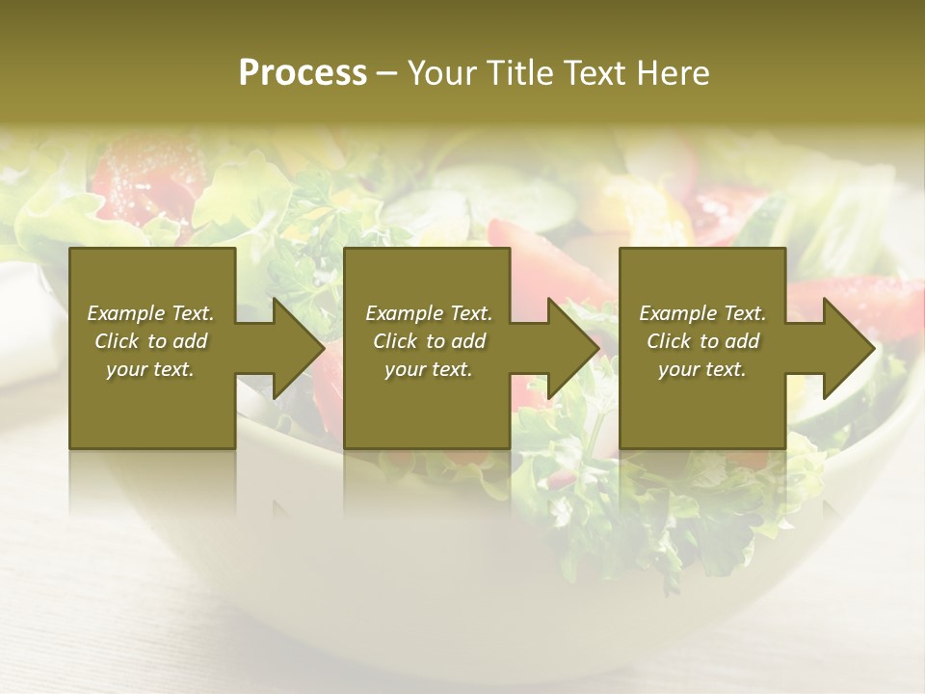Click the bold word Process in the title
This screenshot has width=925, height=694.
pyautogui.click(x=303, y=73)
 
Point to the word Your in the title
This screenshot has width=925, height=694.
pyautogui.click(x=442, y=73)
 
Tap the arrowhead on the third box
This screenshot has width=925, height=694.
pyautogui.click(x=849, y=348)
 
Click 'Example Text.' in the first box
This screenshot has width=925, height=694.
pyautogui.click(x=150, y=313)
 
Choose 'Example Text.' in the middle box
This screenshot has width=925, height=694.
pyautogui.click(x=429, y=313)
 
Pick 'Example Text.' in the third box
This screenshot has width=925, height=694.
pyautogui.click(x=702, y=313)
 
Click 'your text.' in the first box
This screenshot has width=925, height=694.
pyautogui.click(x=150, y=369)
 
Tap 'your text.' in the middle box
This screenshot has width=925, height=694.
pyautogui.click(x=429, y=369)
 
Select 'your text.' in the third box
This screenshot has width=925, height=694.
pyautogui.click(x=702, y=369)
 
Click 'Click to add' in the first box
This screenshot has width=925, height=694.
pyautogui.click(x=150, y=341)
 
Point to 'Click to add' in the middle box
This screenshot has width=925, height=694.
pyautogui.click(x=429, y=341)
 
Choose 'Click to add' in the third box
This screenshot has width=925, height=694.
pyautogui.click(x=702, y=341)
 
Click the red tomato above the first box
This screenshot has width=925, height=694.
pyautogui.click(x=145, y=173)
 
